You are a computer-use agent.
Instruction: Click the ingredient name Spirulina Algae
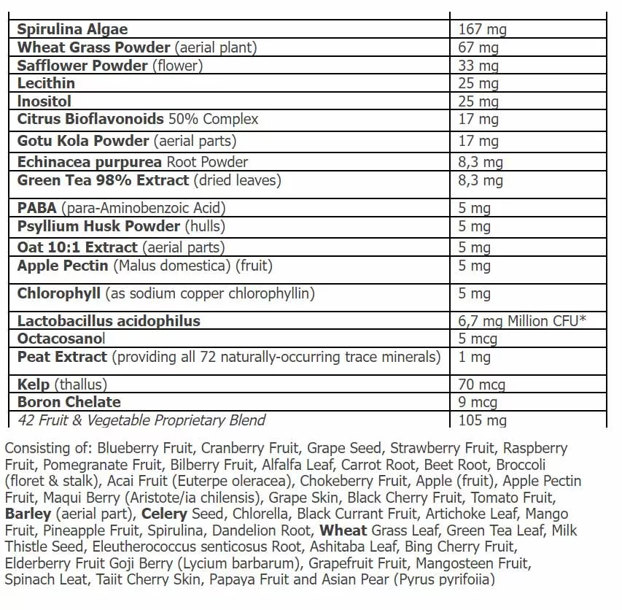coord(72,30)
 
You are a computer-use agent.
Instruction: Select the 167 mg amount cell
coord(482,30)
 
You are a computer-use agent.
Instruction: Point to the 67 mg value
coord(478,48)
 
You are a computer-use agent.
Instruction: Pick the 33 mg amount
coord(478,66)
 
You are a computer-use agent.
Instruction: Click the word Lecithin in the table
coord(46,83)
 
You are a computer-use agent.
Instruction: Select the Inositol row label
coord(44,101)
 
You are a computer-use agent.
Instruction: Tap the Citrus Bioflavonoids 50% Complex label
coord(138,119)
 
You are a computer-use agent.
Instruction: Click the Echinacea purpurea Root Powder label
coord(133,162)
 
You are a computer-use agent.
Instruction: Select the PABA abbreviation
coord(37,209)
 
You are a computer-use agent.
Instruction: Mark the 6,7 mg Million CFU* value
coord(522,321)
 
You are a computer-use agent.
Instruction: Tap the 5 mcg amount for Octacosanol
coord(478,339)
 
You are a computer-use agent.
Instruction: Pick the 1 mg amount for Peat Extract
coord(475,358)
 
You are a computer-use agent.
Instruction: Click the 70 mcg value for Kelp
coord(481,385)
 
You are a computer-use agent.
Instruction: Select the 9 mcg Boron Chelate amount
coord(478,402)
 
